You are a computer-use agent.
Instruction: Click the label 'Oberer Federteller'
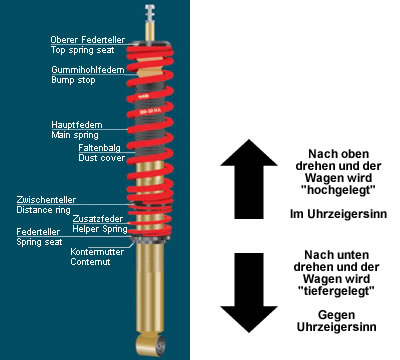click(x=88, y=40)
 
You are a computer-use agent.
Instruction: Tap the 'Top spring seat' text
click(x=83, y=50)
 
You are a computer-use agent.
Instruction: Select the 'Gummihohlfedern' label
click(x=88, y=70)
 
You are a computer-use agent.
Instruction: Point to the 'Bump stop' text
click(x=73, y=80)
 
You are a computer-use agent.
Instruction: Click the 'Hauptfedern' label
click(x=77, y=125)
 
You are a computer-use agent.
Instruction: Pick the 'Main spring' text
click(x=75, y=135)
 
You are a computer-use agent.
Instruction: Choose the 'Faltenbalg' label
click(x=100, y=148)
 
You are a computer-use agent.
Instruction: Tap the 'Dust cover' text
click(x=102, y=158)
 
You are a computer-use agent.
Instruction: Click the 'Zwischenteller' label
click(x=46, y=200)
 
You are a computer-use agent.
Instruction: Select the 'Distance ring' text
click(x=44, y=210)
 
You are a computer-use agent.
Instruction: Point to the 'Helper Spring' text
click(x=100, y=229)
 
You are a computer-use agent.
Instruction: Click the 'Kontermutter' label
click(x=97, y=252)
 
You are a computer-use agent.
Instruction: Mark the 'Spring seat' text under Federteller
click(x=39, y=242)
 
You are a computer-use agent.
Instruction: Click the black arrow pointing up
click(x=249, y=179)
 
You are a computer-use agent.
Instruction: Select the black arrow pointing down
click(x=249, y=293)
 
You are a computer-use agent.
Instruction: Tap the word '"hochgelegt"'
click(x=338, y=190)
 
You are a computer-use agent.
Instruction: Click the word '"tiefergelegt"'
click(x=336, y=291)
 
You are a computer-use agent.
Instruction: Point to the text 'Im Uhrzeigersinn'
click(x=338, y=214)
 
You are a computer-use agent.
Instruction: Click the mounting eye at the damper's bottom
click(x=151, y=345)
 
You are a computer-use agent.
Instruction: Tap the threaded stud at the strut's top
click(x=150, y=13)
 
